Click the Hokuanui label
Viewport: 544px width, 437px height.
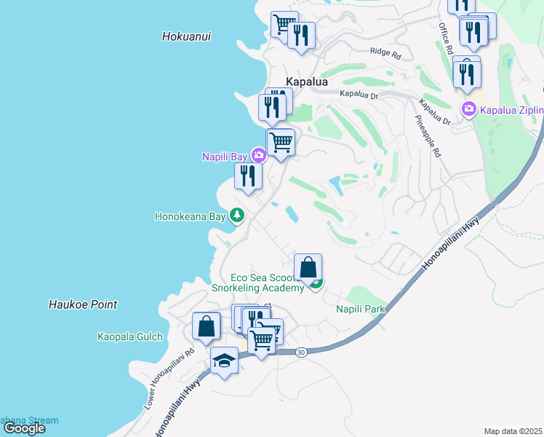click(187, 36)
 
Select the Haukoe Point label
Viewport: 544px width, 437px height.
click(84, 304)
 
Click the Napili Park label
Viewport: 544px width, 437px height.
click(360, 310)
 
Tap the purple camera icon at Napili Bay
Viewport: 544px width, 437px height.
click(258, 155)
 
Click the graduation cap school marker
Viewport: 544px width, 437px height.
click(224, 361)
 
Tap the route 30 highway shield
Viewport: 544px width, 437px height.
click(301, 352)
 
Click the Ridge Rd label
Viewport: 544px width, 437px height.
click(385, 52)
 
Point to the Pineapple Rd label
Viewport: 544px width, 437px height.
click(428, 136)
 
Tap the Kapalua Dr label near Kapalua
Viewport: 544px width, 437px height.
click(359, 95)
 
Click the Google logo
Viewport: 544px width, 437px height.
click(25, 428)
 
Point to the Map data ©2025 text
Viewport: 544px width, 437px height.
click(513, 431)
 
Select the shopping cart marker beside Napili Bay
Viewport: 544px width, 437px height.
click(281, 142)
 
